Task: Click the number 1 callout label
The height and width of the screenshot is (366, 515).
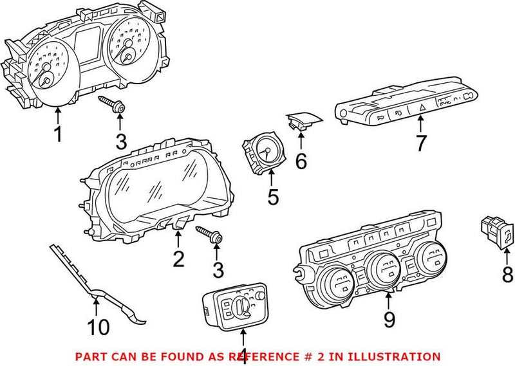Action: coord(58,135)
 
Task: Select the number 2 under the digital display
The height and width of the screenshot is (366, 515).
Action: coord(178,259)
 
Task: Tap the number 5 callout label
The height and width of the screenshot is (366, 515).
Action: coord(274,197)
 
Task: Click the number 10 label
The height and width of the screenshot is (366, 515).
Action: coord(98,328)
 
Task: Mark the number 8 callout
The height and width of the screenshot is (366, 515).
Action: coord(507,275)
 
